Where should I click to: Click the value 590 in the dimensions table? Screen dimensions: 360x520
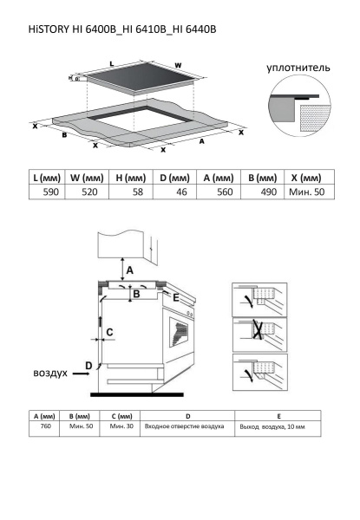pyautogui.click(x=51, y=192)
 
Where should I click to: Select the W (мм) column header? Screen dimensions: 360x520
pyautogui.click(x=87, y=178)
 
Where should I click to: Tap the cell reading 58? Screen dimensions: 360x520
pyautogui.click(x=138, y=192)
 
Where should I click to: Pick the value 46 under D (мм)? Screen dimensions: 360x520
pyautogui.click(x=181, y=192)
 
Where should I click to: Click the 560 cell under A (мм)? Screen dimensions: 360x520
pyautogui.click(x=225, y=192)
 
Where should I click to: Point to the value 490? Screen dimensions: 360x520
pyautogui.click(x=269, y=192)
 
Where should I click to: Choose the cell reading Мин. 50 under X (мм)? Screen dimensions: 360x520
pyautogui.click(x=306, y=192)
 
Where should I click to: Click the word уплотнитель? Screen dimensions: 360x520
pyautogui.click(x=298, y=68)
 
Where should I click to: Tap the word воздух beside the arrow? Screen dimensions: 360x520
pyautogui.click(x=50, y=373)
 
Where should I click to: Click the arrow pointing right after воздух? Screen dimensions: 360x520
pyautogui.click(x=81, y=374)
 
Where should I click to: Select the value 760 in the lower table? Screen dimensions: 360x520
pyautogui.click(x=45, y=426)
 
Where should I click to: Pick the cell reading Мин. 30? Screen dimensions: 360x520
pyautogui.click(x=121, y=426)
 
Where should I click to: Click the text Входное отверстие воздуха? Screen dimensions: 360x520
pyautogui.click(x=184, y=426)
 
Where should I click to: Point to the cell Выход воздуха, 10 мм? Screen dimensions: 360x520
pyautogui.click(x=272, y=426)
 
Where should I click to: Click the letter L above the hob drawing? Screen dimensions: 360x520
pyautogui.click(x=112, y=63)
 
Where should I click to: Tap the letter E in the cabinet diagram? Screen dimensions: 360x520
pyautogui.click(x=176, y=297)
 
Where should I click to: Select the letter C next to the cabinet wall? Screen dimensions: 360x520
pyautogui.click(x=109, y=332)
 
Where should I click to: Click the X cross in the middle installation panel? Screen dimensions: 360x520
pyautogui.click(x=258, y=329)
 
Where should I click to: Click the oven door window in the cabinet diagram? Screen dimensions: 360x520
pyautogui.click(x=179, y=332)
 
